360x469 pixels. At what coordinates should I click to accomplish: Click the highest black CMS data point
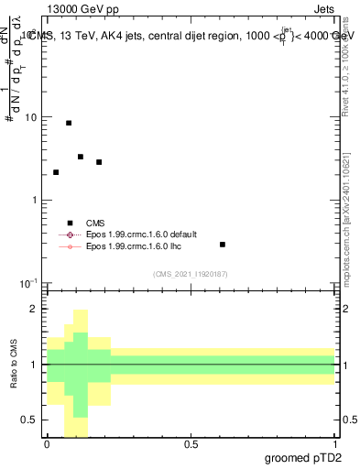pos(69,123)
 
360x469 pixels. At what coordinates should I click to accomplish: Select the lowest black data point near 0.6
pos(223,245)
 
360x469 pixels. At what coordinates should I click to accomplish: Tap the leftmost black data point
pos(56,172)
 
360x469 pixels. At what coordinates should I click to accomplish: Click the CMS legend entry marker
pos(71,223)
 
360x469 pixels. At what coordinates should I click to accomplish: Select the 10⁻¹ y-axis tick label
pos(30,282)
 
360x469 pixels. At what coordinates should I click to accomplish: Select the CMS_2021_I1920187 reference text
pos(191,274)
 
